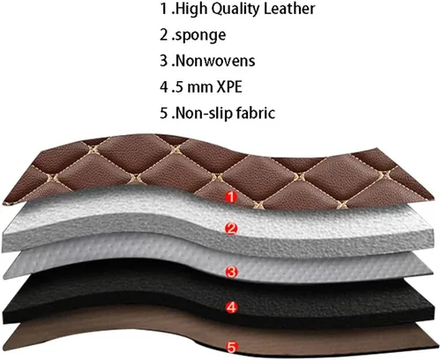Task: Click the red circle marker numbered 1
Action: pos(231,197)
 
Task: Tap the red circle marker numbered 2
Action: pos(231,229)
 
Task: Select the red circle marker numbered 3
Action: pos(231,272)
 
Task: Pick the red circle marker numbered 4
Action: pos(232,307)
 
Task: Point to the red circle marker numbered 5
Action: pos(232,347)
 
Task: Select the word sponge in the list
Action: pos(201,35)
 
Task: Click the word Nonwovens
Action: pos(215,61)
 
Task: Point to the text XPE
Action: pos(229,86)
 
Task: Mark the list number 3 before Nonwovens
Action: pos(164,61)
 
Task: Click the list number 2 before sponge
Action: pos(164,34)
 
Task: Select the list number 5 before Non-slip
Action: pos(164,113)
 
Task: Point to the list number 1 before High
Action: pos(164,9)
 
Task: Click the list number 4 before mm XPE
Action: pos(164,86)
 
